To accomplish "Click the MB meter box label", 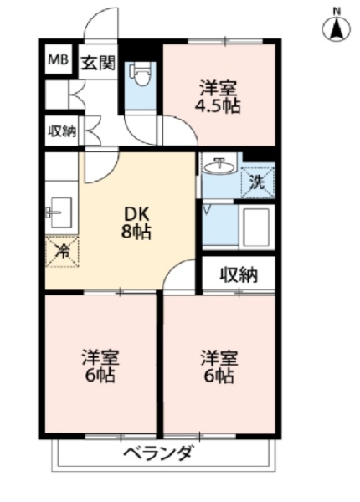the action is point(58,60).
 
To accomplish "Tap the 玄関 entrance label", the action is point(98,63).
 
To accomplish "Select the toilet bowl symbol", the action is point(141,74).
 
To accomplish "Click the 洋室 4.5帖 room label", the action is point(219,97).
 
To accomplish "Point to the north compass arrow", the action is point(337,28).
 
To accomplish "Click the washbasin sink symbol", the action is point(219,166).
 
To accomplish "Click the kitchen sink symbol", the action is point(59,212).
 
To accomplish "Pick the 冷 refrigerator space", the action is point(63,252).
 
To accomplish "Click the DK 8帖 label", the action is point(136,223).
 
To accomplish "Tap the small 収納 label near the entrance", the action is point(62,131).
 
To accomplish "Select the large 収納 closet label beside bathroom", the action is point(239,274).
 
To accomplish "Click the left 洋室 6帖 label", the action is point(100,366).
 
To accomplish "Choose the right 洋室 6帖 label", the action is point(219,366).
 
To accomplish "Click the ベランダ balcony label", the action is point(158,453).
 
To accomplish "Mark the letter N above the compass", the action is point(337,12).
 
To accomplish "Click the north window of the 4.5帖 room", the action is point(225,41).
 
